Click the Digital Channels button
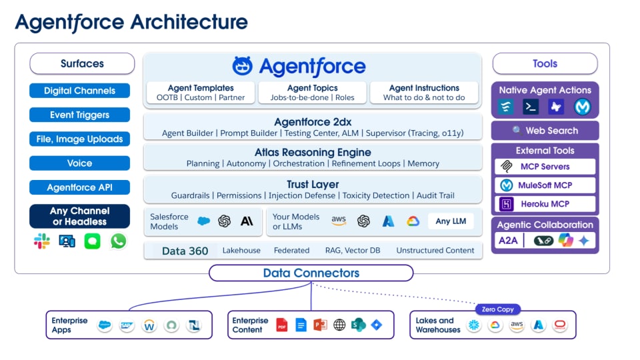[x=79, y=91]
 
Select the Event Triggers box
[x=79, y=115]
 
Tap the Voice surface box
[x=79, y=163]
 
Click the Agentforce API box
[x=79, y=187]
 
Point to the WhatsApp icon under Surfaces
[x=118, y=241]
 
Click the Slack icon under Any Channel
[x=42, y=241]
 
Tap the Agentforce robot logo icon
[x=243, y=66]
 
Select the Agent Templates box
[x=200, y=93]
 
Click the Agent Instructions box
[x=424, y=93]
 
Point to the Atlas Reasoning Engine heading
[x=313, y=153]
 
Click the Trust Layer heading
[x=313, y=184]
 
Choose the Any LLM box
[x=452, y=221]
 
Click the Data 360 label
[x=185, y=251]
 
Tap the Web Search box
[x=545, y=131]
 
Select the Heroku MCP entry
[x=545, y=204]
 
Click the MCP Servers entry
[x=545, y=167]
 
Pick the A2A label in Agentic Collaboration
[x=509, y=241]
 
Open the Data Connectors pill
[x=311, y=273]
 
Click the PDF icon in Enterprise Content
[x=282, y=325]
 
